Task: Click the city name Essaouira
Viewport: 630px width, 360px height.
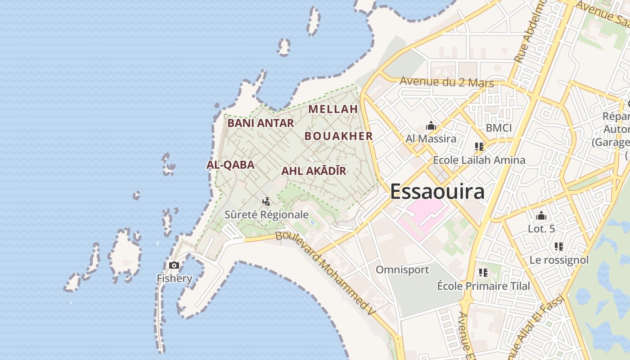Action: (x=437, y=191)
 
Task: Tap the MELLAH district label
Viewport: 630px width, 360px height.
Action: (x=333, y=109)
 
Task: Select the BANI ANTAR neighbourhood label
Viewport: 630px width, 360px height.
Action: (x=261, y=123)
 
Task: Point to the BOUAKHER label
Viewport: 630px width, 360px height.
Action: (x=338, y=136)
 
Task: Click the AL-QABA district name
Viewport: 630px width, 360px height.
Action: (x=230, y=165)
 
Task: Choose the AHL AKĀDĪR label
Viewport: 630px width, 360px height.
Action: (x=314, y=171)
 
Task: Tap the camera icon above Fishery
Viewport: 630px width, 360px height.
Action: (x=174, y=265)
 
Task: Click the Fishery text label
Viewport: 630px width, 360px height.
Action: (x=174, y=278)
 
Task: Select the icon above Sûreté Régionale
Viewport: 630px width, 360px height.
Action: (x=266, y=201)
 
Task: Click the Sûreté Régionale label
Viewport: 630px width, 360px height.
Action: (x=266, y=215)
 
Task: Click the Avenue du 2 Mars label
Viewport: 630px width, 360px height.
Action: (x=446, y=82)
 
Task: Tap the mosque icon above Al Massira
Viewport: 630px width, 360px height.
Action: (x=431, y=126)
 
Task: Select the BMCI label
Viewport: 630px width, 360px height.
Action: (x=499, y=128)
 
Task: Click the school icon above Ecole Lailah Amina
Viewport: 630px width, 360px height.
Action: (x=479, y=147)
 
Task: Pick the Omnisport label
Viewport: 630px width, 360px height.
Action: (x=402, y=270)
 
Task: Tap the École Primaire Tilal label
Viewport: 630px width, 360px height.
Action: (x=484, y=286)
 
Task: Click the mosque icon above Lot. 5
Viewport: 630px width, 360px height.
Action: (x=541, y=216)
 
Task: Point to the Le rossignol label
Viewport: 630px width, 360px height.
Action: (x=559, y=260)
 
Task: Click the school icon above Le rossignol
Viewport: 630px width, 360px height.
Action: (x=559, y=247)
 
